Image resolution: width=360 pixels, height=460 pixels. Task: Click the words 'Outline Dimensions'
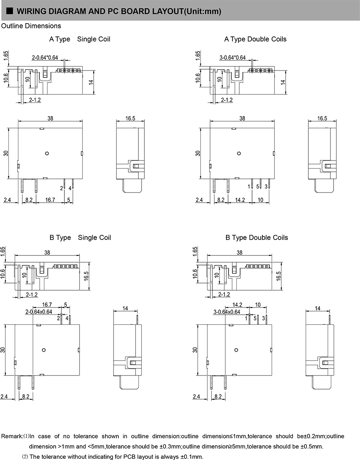(x=32, y=26)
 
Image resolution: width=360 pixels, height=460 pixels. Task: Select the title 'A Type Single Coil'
(x=80, y=39)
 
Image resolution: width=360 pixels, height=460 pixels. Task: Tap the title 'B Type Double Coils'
(x=256, y=238)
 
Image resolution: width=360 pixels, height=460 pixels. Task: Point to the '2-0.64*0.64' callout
(x=45, y=58)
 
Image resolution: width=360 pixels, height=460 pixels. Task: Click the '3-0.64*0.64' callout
(x=232, y=58)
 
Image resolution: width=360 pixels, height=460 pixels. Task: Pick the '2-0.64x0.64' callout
(x=39, y=311)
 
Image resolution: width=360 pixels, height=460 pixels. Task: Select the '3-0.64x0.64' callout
(x=227, y=311)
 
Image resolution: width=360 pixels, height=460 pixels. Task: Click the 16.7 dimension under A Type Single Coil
(x=50, y=199)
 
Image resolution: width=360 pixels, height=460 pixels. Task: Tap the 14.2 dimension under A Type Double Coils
(x=240, y=199)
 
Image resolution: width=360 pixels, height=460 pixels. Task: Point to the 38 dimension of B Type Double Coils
(x=240, y=253)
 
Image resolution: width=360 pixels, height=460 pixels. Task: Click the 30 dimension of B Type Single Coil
(x=3, y=350)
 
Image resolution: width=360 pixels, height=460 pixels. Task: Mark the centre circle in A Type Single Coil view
(x=47, y=153)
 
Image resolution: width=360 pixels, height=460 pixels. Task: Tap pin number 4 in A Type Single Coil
(x=70, y=188)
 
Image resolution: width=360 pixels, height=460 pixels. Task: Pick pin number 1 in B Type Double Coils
(x=246, y=318)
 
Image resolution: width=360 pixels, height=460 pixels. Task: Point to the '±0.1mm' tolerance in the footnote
(x=192, y=456)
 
